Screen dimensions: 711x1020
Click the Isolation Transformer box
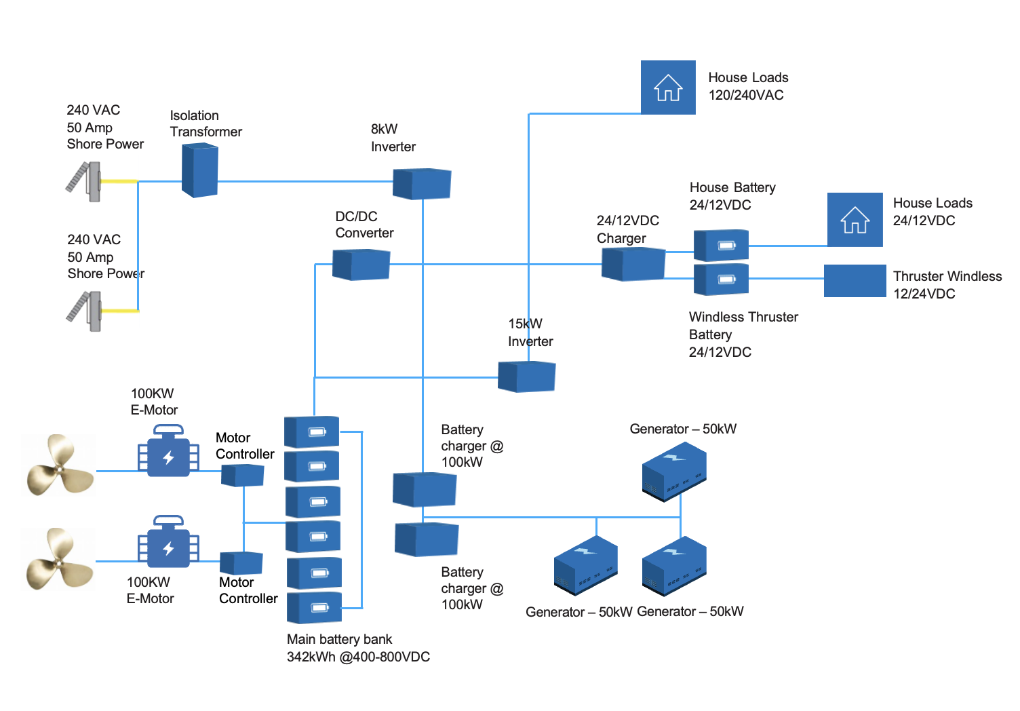(x=199, y=171)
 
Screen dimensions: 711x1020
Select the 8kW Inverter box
(x=422, y=183)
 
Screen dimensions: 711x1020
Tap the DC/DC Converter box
(x=361, y=265)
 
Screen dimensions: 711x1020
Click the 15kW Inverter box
(x=526, y=377)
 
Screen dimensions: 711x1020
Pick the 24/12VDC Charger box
(x=633, y=264)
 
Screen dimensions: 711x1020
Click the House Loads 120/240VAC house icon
(x=668, y=88)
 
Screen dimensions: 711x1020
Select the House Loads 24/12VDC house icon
(x=855, y=220)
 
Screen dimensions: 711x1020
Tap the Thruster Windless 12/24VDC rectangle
(x=855, y=281)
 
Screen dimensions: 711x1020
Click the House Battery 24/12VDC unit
(x=721, y=245)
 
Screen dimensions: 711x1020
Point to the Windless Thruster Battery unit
(x=721, y=279)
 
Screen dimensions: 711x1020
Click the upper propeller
(x=60, y=465)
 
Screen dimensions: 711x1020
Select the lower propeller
(x=60, y=558)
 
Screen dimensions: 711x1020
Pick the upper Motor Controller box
(x=242, y=476)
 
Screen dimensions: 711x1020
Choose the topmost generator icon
(x=674, y=472)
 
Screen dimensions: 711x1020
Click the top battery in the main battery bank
(x=311, y=431)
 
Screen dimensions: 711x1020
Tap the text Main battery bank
(x=339, y=639)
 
